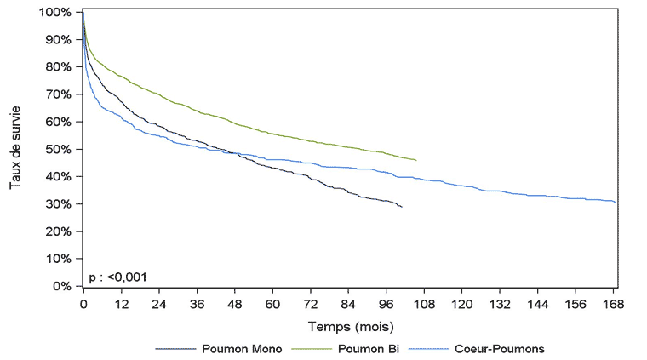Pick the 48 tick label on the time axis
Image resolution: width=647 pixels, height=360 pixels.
tap(234, 304)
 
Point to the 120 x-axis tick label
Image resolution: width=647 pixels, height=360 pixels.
tap(461, 304)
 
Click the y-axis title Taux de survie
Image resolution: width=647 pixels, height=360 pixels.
tap(16, 149)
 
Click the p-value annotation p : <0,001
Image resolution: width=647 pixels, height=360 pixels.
tap(119, 277)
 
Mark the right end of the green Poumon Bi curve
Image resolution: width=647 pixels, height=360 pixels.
tap(415, 160)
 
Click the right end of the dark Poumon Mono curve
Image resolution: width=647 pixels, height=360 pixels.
tap(401, 207)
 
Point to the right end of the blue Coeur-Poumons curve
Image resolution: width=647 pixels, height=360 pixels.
tap(615, 203)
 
